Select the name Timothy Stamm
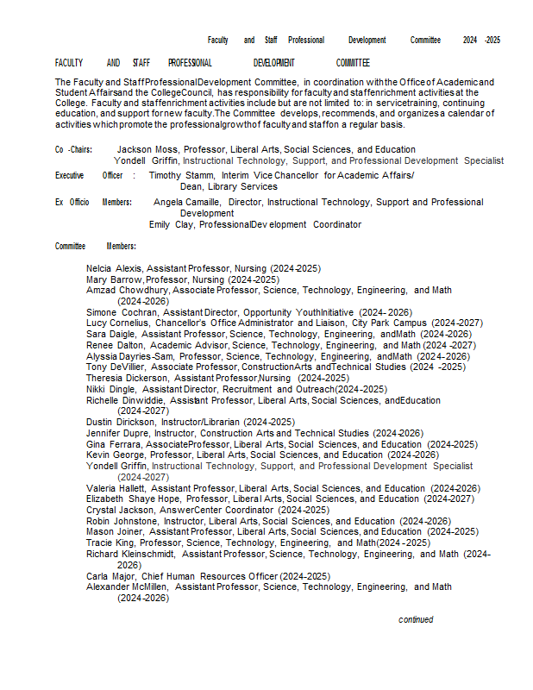(x=181, y=175)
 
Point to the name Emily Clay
(x=171, y=224)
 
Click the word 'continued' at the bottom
(x=416, y=619)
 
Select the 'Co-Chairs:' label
(x=73, y=149)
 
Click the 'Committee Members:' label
(x=96, y=246)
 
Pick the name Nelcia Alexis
(x=114, y=269)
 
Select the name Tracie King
(x=110, y=543)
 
